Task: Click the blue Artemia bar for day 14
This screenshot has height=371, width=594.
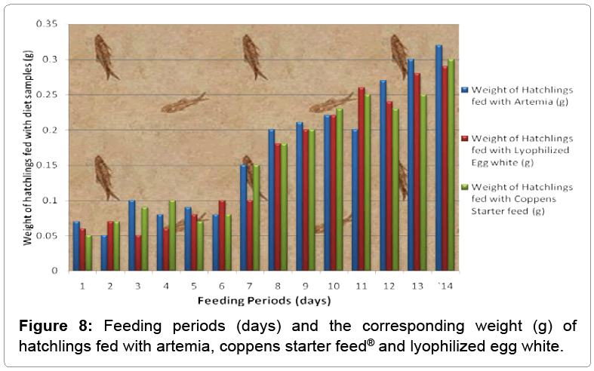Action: point(439,158)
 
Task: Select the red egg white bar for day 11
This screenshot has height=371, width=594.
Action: point(361,179)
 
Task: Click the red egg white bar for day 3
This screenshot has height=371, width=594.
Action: point(140,253)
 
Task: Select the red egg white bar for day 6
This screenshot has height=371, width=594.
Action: point(221,235)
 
